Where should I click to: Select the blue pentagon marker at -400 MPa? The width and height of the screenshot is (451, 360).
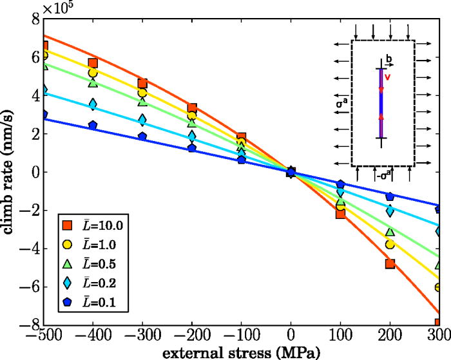tap(93, 126)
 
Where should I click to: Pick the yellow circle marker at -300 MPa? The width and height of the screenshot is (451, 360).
tap(142, 93)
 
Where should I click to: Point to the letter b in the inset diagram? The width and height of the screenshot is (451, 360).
tap(388, 64)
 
